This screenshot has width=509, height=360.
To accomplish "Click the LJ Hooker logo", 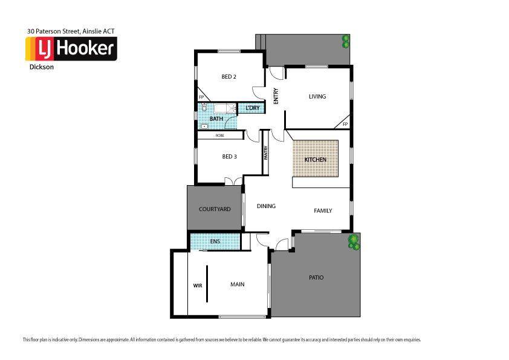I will [71, 49].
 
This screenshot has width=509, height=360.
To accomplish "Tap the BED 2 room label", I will [229, 77].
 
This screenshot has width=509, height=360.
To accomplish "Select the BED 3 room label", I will [229, 157].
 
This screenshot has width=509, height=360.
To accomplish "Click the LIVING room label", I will [317, 96].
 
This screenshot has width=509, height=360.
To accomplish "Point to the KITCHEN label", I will [315, 159].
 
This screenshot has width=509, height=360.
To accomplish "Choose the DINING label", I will [266, 206].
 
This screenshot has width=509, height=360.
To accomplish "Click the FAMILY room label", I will [323, 211].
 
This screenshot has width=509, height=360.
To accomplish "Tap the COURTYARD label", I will [215, 209].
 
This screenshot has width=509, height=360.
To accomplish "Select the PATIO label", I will [316, 278].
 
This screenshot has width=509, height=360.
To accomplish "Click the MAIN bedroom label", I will [237, 284].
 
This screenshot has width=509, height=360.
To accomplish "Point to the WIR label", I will [197, 284].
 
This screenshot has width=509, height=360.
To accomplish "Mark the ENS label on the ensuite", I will [215, 242].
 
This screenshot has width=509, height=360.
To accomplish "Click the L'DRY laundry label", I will [252, 108].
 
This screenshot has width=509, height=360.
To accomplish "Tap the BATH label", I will [216, 119].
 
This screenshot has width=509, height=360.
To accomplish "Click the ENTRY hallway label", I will [276, 97].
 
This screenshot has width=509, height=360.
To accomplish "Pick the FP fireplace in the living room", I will [345, 124].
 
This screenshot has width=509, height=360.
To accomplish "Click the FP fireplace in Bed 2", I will [201, 97].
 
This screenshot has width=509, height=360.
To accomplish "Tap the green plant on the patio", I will [354, 243].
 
